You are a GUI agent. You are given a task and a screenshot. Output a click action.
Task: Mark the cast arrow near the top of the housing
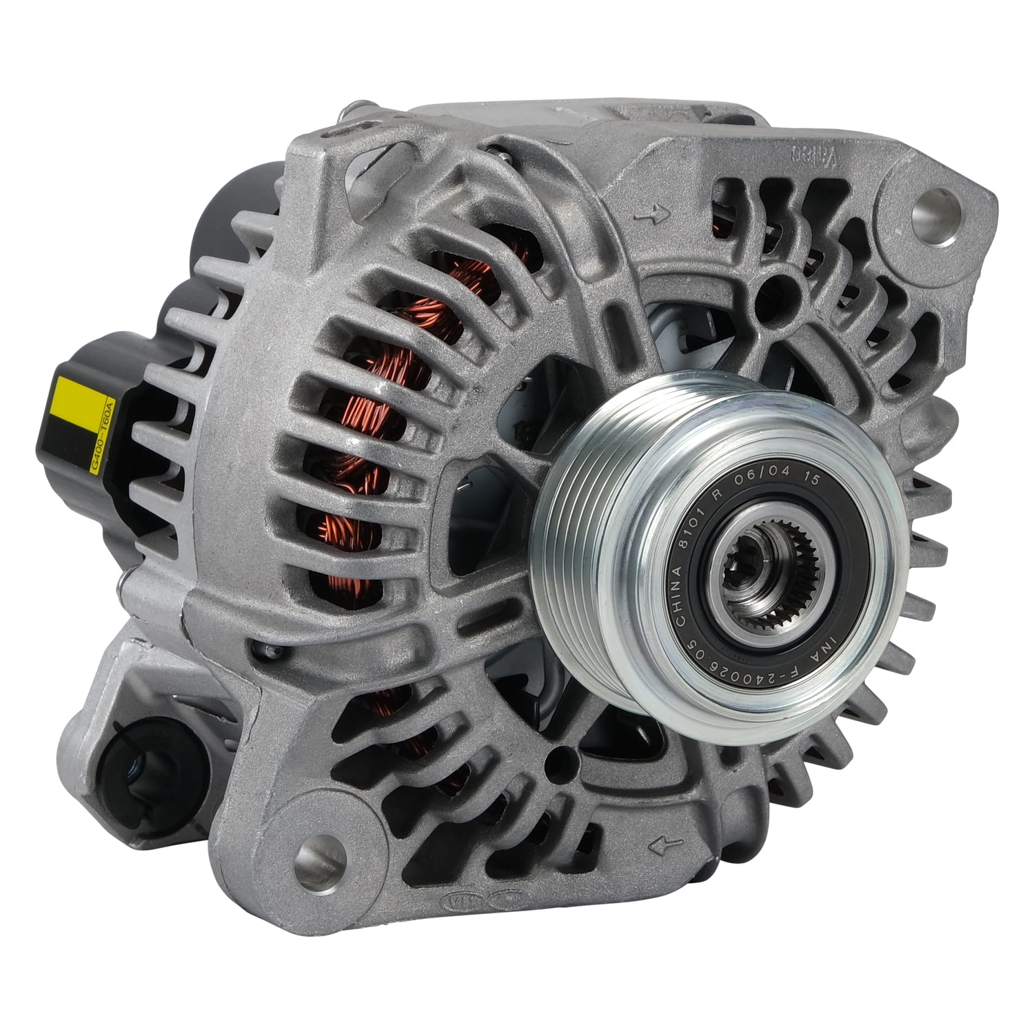(x=652, y=216)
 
